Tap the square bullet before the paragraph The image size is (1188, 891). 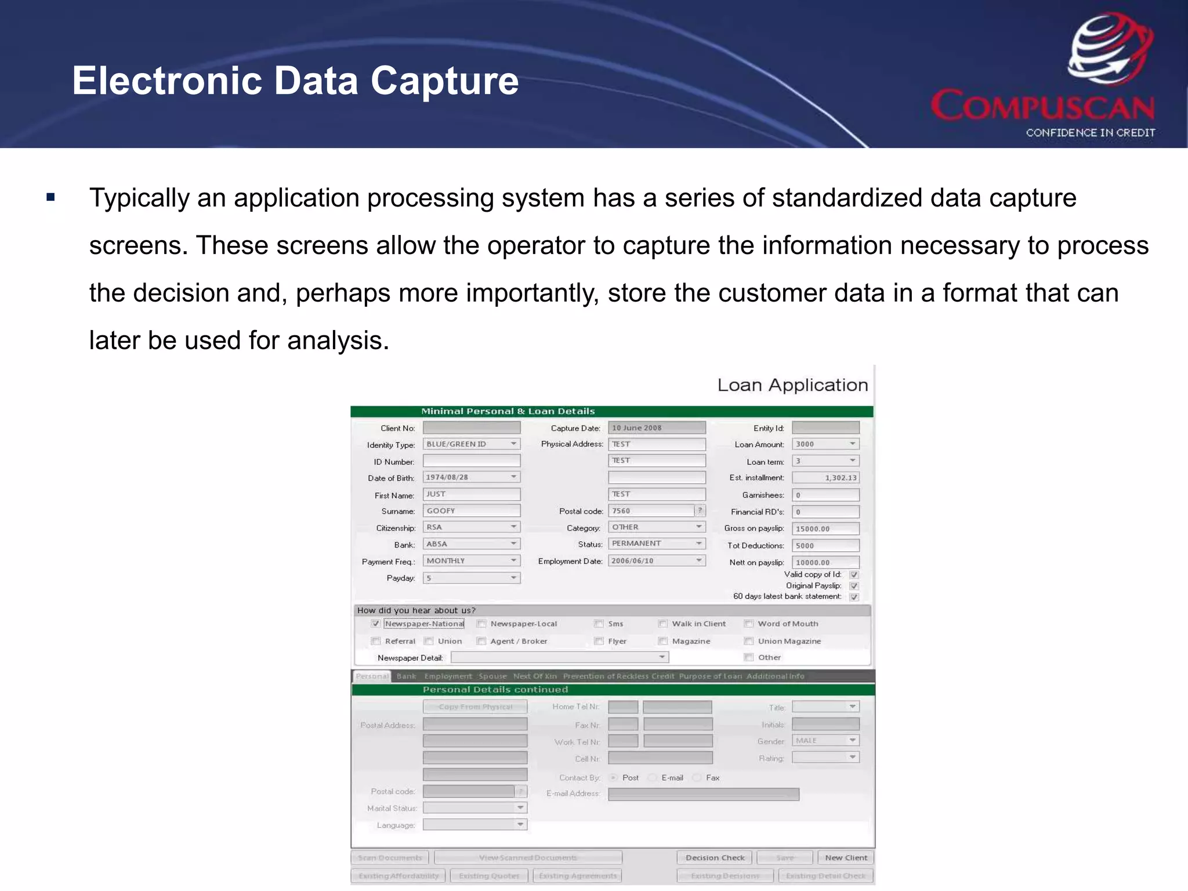click(x=51, y=198)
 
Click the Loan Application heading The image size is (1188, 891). click(x=792, y=385)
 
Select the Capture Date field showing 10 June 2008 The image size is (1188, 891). click(x=656, y=428)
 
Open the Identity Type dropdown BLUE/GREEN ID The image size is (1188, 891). click(x=471, y=444)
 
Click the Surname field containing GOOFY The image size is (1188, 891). click(x=471, y=511)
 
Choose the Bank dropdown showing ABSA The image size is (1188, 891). click(x=471, y=544)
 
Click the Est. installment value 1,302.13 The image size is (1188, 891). click(x=825, y=478)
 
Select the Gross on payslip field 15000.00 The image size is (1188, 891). click(x=825, y=529)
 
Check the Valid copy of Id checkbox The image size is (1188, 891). click(x=854, y=575)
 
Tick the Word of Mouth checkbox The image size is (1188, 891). click(x=749, y=624)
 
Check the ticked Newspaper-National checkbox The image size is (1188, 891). click(x=376, y=624)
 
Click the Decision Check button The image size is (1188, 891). click(x=715, y=858)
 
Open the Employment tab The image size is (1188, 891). click(x=448, y=676)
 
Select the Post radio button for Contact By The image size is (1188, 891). click(x=613, y=778)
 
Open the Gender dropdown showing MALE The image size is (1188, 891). click(x=825, y=741)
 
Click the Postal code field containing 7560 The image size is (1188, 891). click(x=651, y=511)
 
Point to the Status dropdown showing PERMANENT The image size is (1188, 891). click(x=656, y=544)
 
